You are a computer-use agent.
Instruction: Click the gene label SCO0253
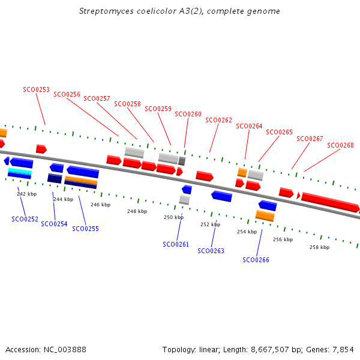(36, 89)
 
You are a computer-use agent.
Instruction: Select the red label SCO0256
(67, 94)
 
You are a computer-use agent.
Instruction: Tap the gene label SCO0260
(188, 114)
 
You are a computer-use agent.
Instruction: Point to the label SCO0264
(249, 126)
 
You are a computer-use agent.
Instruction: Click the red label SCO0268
(340, 145)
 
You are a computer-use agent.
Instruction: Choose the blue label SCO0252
(25, 219)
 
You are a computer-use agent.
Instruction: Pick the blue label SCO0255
(85, 229)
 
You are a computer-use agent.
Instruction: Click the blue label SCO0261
(176, 244)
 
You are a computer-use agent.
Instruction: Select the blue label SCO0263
(211, 251)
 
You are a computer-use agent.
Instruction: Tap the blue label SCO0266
(256, 260)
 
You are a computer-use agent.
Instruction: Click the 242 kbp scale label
(26, 194)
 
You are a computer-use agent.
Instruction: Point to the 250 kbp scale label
(173, 217)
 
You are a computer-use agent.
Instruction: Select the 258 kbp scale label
(319, 247)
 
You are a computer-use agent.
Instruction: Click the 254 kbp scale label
(247, 232)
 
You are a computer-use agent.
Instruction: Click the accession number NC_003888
(65, 349)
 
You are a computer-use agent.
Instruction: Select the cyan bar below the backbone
(19, 172)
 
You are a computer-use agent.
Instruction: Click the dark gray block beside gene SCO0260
(182, 161)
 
